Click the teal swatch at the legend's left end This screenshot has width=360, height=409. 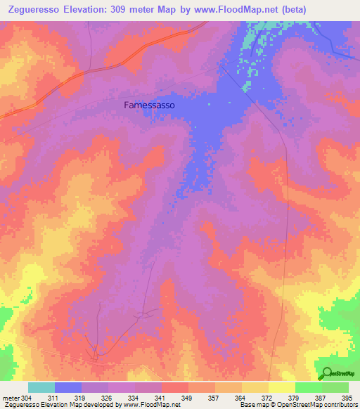coord(41,387)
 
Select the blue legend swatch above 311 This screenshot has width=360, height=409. coord(68,387)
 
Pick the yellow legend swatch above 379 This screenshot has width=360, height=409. coord(282,387)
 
